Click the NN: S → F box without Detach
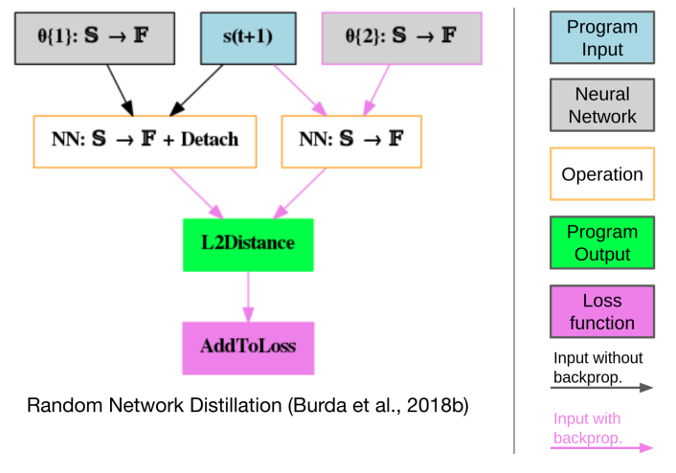coord(350,140)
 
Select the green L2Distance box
coord(248,243)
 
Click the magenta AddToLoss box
coord(248,347)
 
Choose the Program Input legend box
coord(602,37)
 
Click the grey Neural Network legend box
coord(602,105)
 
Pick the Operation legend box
coord(602,174)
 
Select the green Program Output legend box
coord(602,242)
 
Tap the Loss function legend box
coord(602,312)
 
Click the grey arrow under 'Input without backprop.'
coord(602,388)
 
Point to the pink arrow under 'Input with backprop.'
coord(602,447)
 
